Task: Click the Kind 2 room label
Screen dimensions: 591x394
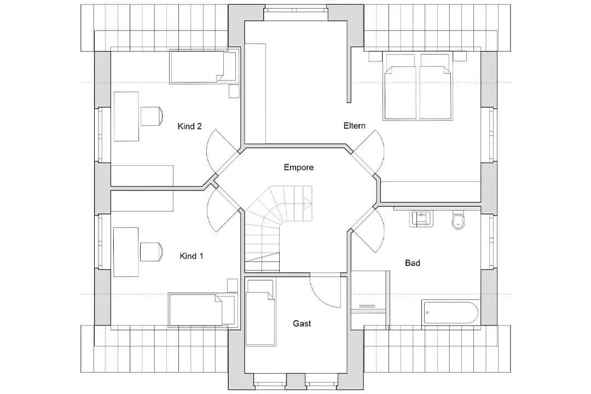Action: pyautogui.click(x=189, y=126)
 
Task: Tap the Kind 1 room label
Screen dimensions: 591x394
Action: pyautogui.click(x=192, y=257)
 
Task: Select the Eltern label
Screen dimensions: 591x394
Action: pyautogui.click(x=354, y=125)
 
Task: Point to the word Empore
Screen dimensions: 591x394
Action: pyautogui.click(x=299, y=167)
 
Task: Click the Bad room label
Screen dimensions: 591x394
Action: pyautogui.click(x=413, y=263)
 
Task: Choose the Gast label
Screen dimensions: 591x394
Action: pyautogui.click(x=302, y=323)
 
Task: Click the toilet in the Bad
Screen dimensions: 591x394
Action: pyautogui.click(x=459, y=220)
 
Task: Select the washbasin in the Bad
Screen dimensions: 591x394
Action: pyautogui.click(x=421, y=219)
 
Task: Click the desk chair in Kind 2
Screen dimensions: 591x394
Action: pyautogui.click(x=152, y=116)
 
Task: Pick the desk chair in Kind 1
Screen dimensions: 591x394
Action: pyautogui.click(x=152, y=252)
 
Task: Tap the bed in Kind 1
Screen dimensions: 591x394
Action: pyautogui.click(x=203, y=309)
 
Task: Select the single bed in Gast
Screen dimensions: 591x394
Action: pyautogui.click(x=260, y=312)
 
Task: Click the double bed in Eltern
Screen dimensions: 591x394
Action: pyautogui.click(x=418, y=86)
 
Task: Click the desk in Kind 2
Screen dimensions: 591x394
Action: pyautogui.click(x=126, y=116)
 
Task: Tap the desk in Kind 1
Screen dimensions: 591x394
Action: pyautogui.click(x=126, y=252)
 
